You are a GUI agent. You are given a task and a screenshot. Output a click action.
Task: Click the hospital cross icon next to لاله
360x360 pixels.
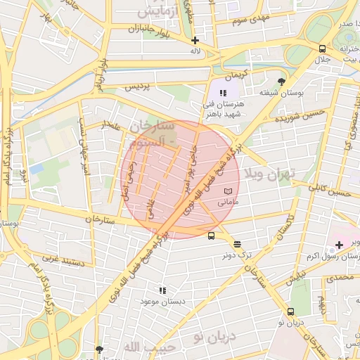[x=195, y=40]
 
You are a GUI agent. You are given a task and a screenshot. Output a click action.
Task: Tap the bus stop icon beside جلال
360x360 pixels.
[x=322, y=49]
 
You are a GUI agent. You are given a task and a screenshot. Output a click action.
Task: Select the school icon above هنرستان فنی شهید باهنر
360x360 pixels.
[x=223, y=93]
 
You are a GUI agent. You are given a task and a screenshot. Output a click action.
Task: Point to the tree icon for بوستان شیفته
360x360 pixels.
[x=281, y=81]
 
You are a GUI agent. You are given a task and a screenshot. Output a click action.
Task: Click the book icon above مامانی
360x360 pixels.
[x=226, y=191]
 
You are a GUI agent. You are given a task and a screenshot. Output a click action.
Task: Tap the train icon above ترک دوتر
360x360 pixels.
[x=237, y=244]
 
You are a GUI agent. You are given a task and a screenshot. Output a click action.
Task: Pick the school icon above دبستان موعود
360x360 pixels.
[x=162, y=290]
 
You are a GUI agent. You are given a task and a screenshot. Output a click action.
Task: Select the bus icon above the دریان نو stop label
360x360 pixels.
[x=290, y=311]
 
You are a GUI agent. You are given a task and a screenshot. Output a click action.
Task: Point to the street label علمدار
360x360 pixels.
[x=112, y=127]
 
